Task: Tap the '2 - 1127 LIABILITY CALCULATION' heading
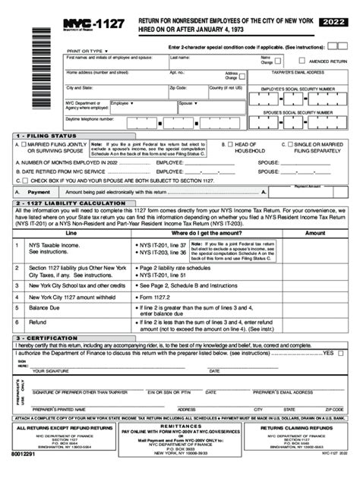64,203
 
